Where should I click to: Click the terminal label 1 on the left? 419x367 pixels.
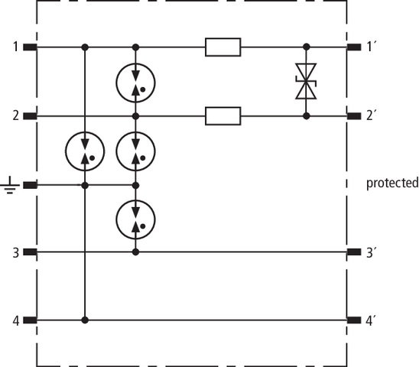point(16,47)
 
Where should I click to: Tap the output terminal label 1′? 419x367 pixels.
point(371,47)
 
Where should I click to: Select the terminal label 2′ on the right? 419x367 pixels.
point(371,115)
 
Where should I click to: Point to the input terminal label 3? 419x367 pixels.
point(16,252)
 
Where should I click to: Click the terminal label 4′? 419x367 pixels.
point(371,320)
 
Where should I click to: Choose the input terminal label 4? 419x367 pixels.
point(16,321)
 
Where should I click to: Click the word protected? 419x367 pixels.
point(392,183)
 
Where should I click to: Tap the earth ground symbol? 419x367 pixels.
point(10,185)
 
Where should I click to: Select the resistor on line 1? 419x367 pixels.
point(222,47)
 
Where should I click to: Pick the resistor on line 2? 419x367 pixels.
point(222,116)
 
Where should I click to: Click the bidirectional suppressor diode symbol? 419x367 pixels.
point(307,81)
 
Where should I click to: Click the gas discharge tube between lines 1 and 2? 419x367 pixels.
point(135,83)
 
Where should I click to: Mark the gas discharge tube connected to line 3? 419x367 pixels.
point(135,219)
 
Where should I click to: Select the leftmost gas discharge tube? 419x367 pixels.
point(85,151)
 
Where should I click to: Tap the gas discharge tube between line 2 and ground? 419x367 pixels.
point(135,151)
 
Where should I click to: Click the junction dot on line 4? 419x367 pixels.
point(85,320)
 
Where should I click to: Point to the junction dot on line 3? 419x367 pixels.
point(135,252)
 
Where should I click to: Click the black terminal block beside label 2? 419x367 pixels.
point(30,116)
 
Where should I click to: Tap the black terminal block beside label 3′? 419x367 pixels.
point(354,252)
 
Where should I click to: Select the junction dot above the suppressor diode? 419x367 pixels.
point(307,47)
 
